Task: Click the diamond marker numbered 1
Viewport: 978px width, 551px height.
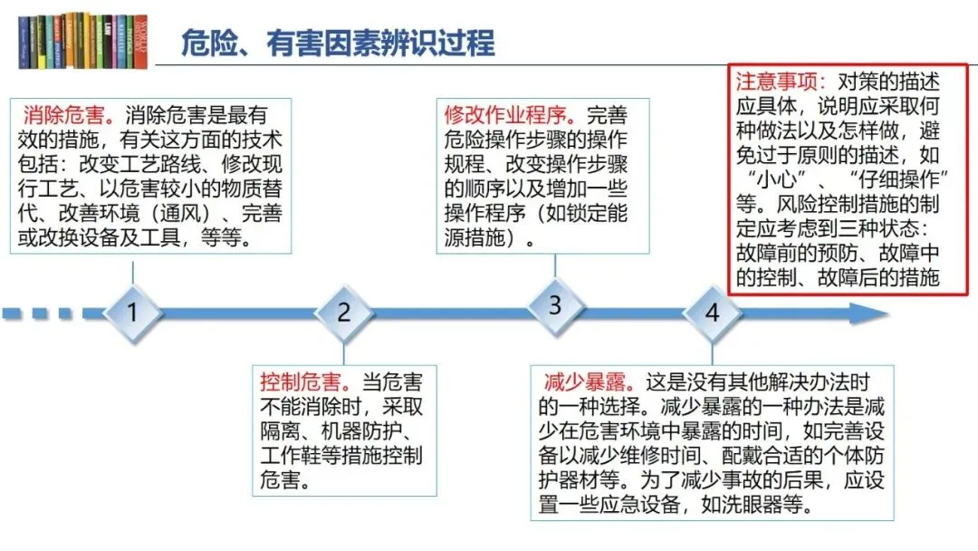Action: (x=133, y=314)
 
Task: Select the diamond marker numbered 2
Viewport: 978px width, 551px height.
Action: (x=343, y=314)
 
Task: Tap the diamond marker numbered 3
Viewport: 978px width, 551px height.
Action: (x=554, y=305)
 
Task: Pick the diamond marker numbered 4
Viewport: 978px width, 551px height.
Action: (x=713, y=314)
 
